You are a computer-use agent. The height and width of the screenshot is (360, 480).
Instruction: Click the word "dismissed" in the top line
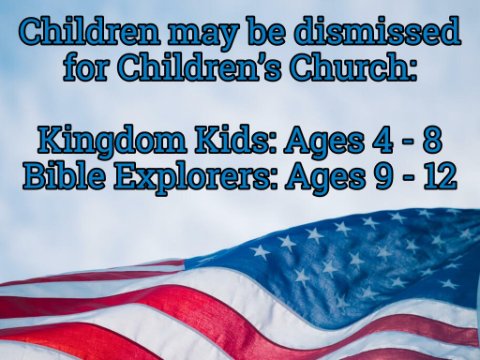pos(378,31)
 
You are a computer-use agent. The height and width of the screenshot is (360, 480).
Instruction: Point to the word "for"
pos(86,66)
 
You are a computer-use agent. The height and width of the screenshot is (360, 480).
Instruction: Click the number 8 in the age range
pos(432,141)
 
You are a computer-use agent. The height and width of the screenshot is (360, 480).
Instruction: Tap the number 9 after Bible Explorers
pos(381,177)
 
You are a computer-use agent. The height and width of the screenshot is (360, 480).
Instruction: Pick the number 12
pos(440,177)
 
